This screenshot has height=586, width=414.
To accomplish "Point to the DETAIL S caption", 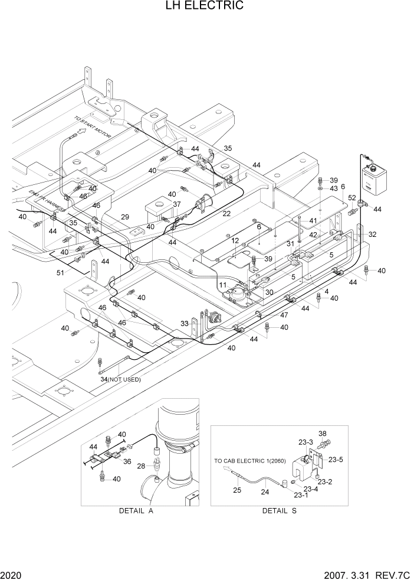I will pos(279,511).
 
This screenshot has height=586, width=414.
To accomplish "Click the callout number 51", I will pos(61,272).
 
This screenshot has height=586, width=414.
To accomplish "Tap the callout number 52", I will pos(351,198).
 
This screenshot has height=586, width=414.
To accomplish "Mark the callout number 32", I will pos(372,235).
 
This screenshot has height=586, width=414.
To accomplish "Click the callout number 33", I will pos(185,324).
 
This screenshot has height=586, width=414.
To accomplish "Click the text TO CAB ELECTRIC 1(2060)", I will pos(248,460).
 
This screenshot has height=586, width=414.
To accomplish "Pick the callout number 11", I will pos(223,285).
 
